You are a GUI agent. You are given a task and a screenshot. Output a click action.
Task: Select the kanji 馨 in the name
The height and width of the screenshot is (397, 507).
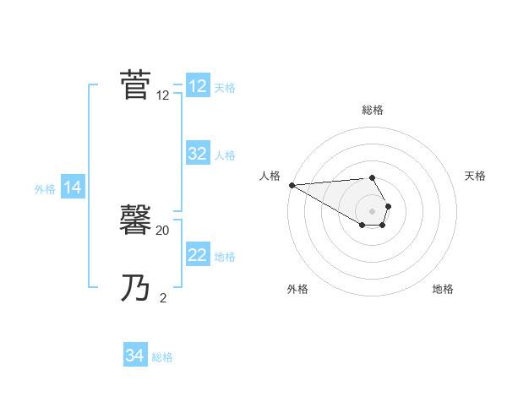[136, 222]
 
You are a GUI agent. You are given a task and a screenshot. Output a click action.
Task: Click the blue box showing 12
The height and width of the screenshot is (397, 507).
[198, 86]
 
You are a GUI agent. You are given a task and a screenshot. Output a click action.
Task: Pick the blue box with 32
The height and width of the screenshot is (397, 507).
[198, 154]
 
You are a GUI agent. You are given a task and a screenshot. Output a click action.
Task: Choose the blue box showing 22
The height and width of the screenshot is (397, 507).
[198, 255]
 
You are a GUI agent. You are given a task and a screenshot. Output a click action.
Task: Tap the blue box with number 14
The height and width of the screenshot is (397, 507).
[73, 188]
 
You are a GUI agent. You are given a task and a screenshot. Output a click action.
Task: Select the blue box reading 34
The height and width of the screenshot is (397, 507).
[135, 356]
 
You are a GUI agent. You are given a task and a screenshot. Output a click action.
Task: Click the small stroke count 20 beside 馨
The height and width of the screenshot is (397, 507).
[163, 230]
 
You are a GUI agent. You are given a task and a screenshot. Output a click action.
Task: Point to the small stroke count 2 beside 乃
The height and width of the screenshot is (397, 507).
[163, 297]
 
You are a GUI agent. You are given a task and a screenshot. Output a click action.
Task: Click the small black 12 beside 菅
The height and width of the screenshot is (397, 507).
[163, 95]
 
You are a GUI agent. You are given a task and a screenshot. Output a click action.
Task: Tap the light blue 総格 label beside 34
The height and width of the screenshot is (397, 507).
[162, 357]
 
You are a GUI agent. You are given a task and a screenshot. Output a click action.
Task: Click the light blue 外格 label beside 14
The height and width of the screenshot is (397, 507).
[45, 189]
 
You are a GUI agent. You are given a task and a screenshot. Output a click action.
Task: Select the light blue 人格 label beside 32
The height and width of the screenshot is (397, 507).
[225, 155]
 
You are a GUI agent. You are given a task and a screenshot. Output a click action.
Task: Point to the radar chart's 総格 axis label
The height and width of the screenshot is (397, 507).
[373, 110]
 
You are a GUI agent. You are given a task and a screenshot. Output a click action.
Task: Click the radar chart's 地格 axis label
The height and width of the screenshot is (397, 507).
[443, 289]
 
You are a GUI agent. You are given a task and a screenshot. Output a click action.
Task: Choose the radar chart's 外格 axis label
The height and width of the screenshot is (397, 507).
[297, 289]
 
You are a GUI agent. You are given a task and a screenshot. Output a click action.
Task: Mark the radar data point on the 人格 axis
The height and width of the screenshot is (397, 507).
[291, 185]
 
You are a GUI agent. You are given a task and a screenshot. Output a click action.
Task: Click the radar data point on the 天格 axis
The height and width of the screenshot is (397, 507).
[388, 206]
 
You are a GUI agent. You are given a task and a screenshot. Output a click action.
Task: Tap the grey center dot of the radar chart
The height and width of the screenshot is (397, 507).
[373, 211]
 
